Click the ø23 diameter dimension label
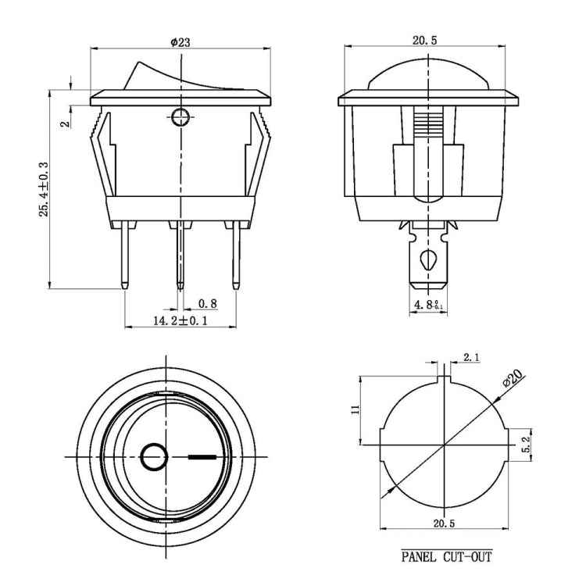point(180,43)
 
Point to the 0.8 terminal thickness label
point(207,303)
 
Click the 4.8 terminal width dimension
point(427,304)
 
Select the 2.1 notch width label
point(471,358)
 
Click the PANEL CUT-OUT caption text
point(447,556)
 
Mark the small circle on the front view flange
point(180,118)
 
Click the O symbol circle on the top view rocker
point(155,456)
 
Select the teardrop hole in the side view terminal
point(427,259)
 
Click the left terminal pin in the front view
point(126,254)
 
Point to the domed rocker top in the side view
point(427,74)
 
